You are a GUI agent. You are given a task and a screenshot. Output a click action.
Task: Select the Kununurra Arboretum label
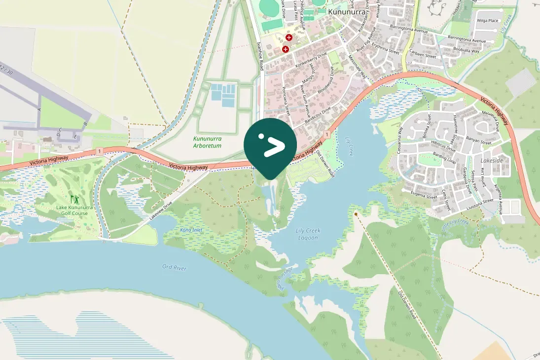pos(207,143)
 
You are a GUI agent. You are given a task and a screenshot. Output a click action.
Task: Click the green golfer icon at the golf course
pos(74,199)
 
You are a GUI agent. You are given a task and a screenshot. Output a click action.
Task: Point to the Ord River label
pos(175,267)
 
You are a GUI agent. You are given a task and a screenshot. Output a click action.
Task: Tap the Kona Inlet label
pos(191,230)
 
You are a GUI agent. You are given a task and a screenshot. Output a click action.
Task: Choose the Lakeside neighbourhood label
pos(492,161)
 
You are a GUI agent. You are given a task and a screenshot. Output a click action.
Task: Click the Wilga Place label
pos(487,21)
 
